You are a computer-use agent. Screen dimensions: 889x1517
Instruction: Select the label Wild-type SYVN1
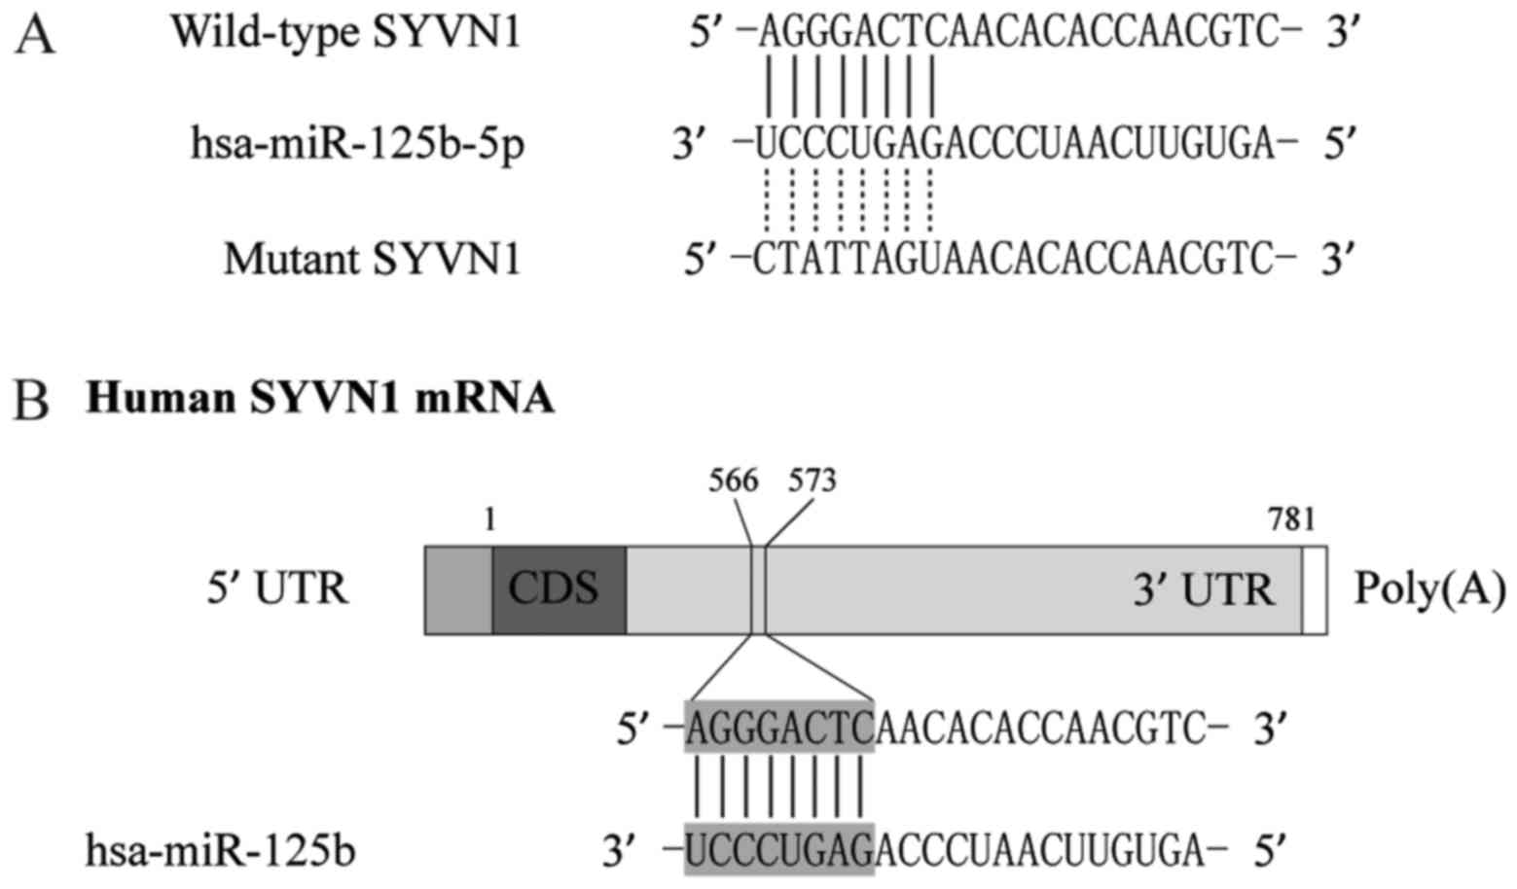point(346,33)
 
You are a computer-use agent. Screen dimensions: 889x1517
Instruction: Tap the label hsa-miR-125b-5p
point(357,146)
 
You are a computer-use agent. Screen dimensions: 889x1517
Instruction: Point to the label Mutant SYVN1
point(373,259)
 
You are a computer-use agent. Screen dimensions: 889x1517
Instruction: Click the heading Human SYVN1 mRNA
point(320,400)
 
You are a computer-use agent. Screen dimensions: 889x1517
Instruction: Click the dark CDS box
point(559,589)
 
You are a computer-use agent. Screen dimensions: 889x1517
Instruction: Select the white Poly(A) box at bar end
point(1314,590)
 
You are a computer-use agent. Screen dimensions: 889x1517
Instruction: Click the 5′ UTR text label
point(277,589)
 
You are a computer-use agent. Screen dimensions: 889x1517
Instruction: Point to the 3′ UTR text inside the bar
point(1204,589)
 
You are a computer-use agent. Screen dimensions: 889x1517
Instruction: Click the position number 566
point(734,480)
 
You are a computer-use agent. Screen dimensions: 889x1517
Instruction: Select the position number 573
point(812,480)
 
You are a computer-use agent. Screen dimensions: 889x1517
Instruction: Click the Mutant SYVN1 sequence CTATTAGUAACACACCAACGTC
point(1014,259)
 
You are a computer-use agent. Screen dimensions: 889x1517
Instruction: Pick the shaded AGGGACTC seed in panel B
point(778,727)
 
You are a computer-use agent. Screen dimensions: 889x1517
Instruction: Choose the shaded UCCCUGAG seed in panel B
point(778,850)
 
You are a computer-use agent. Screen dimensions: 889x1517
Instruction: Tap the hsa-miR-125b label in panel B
point(220,851)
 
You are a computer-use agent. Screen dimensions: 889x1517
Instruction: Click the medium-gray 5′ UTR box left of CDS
point(458,590)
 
